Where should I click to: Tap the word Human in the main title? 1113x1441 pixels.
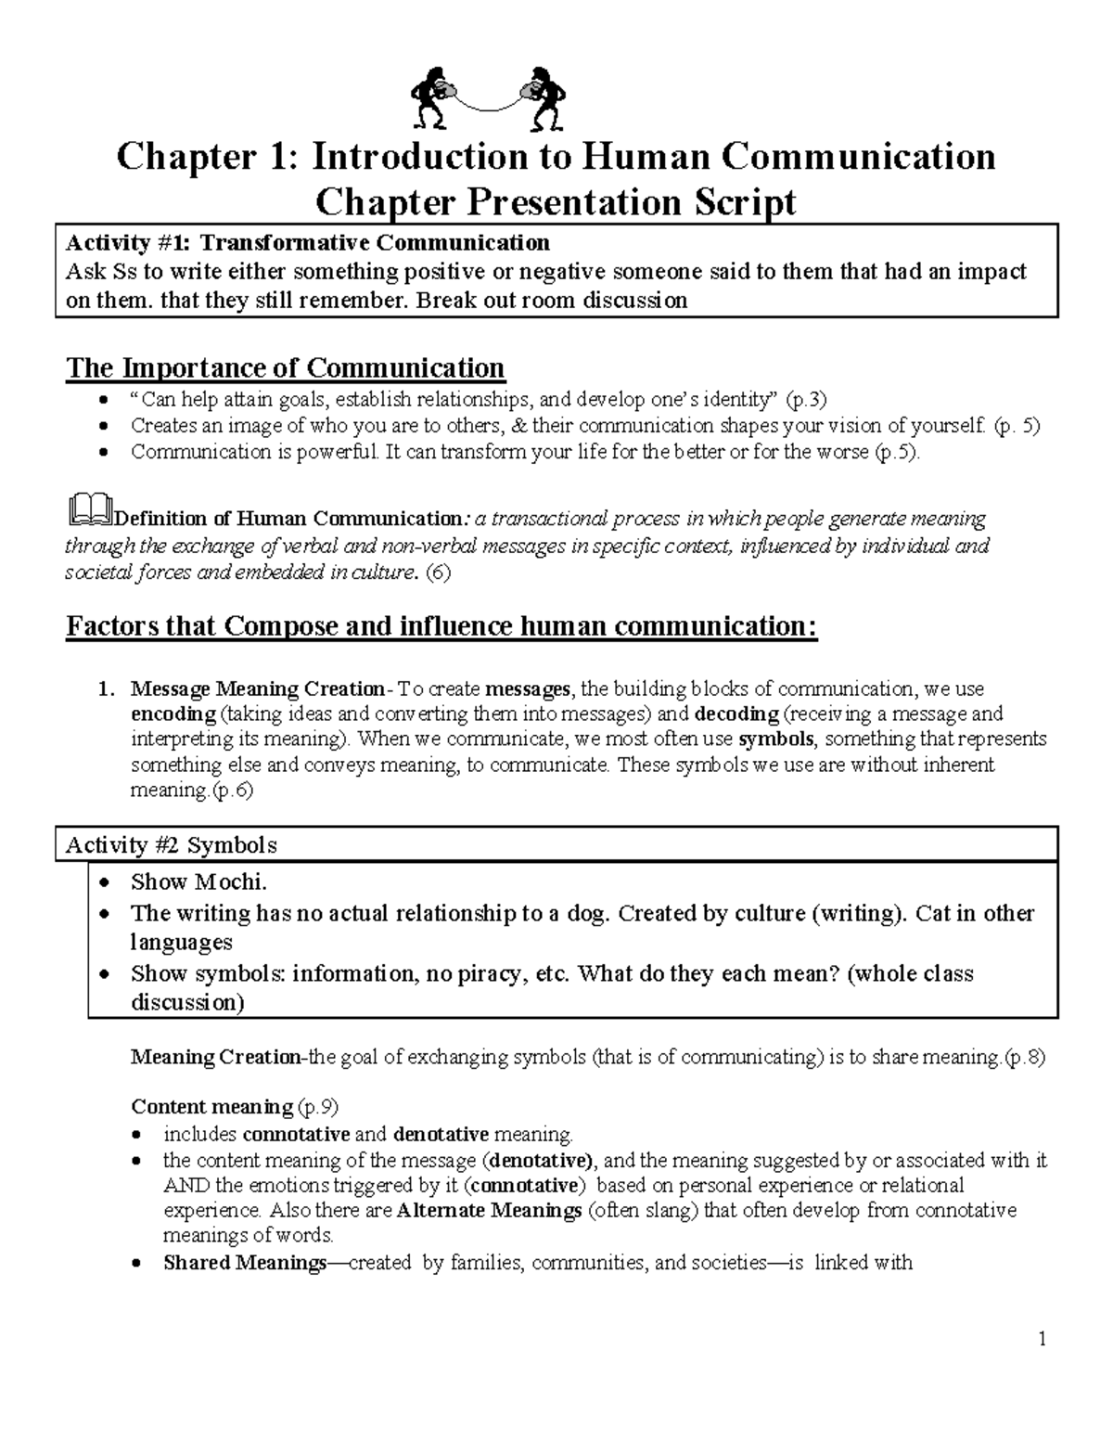coord(646,157)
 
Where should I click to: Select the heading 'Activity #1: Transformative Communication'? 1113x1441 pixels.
coord(307,243)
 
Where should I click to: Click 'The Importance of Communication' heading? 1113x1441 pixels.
coord(285,367)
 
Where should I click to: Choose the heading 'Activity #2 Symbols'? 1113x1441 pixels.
coord(171,845)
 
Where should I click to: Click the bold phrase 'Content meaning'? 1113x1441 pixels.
coord(211,1107)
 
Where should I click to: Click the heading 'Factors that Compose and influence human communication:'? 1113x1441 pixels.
coord(441,626)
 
